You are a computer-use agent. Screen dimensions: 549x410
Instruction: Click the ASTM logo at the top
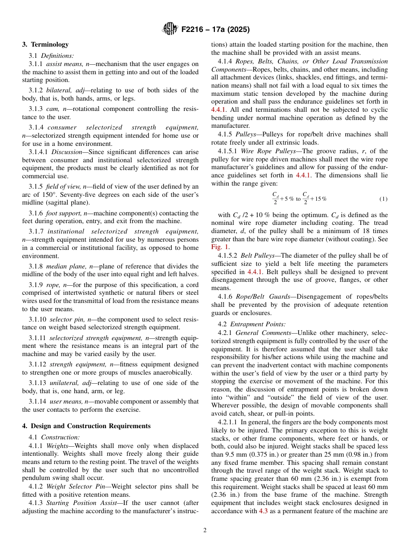point(170,29)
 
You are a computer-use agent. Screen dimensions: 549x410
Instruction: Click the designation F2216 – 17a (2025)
point(215,30)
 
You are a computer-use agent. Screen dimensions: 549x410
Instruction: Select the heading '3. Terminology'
point(45,44)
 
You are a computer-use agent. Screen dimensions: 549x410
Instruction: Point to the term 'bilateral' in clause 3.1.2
point(60,90)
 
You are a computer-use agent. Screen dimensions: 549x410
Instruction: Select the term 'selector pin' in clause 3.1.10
point(66,319)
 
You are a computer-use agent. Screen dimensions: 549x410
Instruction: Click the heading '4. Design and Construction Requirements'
point(86,426)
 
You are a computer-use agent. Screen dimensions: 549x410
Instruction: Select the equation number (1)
point(383,199)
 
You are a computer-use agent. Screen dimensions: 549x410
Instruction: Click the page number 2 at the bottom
point(205,530)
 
